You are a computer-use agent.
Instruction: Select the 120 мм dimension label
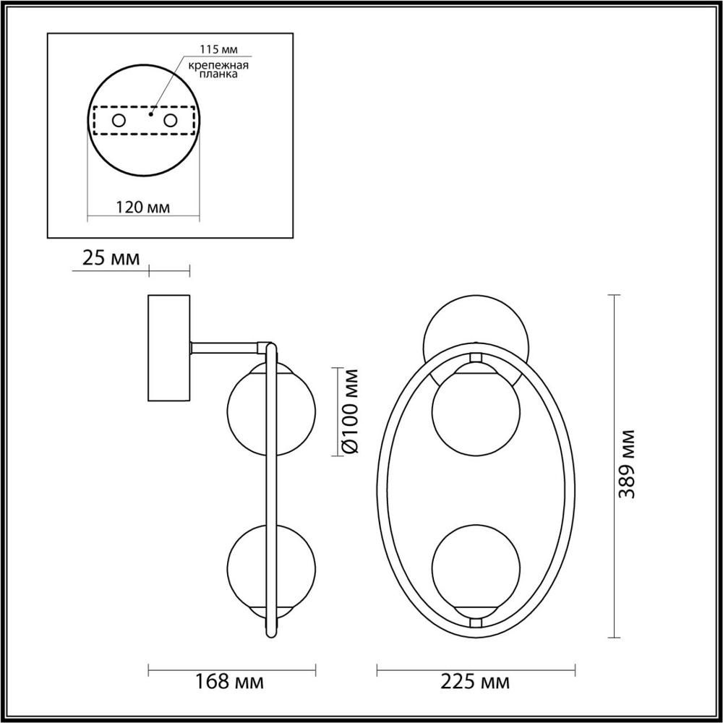click(142, 208)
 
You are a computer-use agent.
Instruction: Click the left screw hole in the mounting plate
click(119, 121)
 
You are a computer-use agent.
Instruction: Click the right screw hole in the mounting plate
click(171, 121)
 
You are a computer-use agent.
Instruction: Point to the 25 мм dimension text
click(111, 258)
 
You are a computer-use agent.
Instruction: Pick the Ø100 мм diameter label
click(349, 412)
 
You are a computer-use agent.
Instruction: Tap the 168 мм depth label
click(229, 681)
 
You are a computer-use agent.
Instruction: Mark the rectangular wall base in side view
click(168, 347)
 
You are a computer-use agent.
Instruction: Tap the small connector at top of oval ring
click(475, 357)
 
